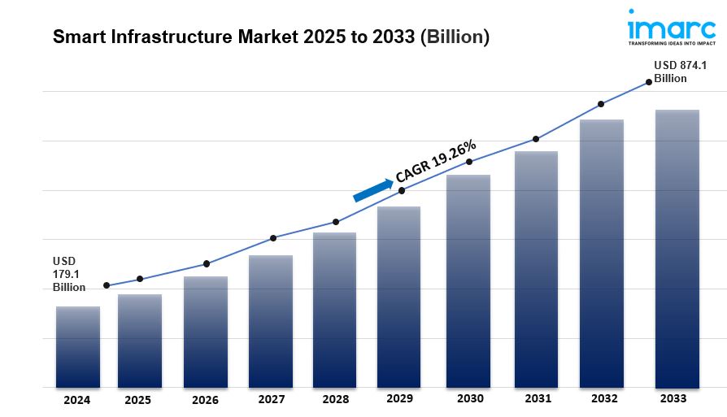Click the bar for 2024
[x=78, y=346]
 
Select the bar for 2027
[x=271, y=321]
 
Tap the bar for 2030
[x=468, y=280]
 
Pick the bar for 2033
[x=677, y=248]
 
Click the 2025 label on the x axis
[x=138, y=400]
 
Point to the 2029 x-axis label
[x=400, y=399]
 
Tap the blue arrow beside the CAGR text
[x=372, y=189]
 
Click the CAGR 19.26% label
[x=436, y=161]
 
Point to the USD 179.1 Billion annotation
[x=69, y=274]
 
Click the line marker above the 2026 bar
[x=207, y=263]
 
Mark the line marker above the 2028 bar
[x=336, y=222]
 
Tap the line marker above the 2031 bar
[x=536, y=139]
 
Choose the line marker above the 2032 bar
[x=601, y=104]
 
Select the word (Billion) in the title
[x=455, y=37]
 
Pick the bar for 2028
[x=335, y=310]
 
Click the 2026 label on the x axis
[x=205, y=400]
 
